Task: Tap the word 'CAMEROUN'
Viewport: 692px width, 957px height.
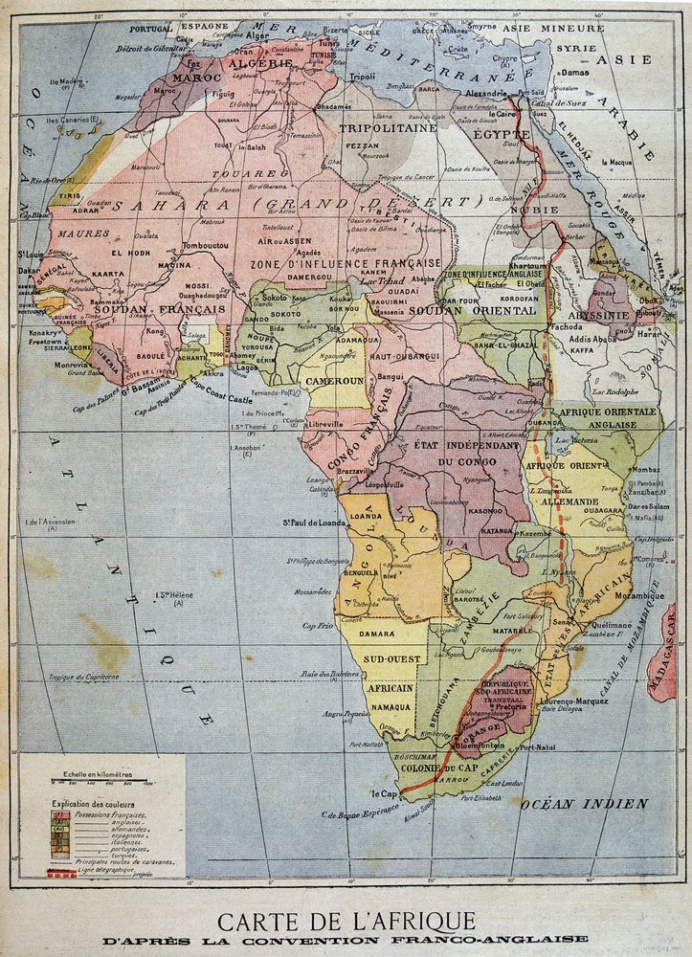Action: (334, 380)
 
